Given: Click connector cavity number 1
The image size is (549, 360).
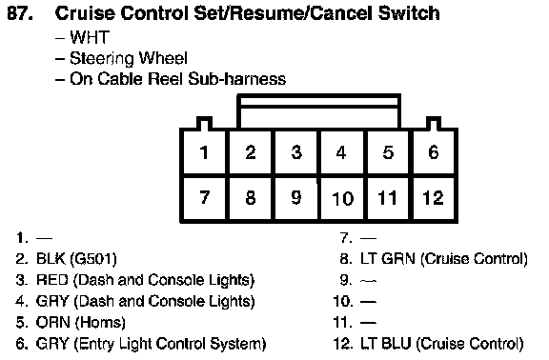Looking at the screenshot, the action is pos(204,152).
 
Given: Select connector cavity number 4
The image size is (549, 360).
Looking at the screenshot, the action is pos(341,152).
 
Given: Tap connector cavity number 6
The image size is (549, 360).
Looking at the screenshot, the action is pos(434,152).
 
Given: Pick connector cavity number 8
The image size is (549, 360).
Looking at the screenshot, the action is pos(250,198).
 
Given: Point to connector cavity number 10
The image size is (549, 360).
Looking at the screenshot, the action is pos(342,198).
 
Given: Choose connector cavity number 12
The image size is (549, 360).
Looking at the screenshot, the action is pos(434,198).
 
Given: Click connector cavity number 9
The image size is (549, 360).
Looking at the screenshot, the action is pos(296,198).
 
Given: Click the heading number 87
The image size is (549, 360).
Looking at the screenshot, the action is pos(20,13).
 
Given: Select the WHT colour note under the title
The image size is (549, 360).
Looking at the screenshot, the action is pos(90,37).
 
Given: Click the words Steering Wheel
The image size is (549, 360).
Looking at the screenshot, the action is pos(129,58).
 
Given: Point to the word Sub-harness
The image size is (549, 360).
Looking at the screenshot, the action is pos(237,79).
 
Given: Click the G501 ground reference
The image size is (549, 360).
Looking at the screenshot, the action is pos(93,259).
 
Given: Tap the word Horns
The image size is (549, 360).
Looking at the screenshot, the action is pos(100,323).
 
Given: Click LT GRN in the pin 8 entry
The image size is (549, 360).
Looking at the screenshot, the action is pos(388,259).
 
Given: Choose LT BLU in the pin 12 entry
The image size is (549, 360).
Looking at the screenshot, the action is pos(385,344).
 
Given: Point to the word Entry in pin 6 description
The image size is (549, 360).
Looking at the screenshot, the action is pos(94,344).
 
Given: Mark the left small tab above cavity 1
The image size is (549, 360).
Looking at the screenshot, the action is pos(204,123).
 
